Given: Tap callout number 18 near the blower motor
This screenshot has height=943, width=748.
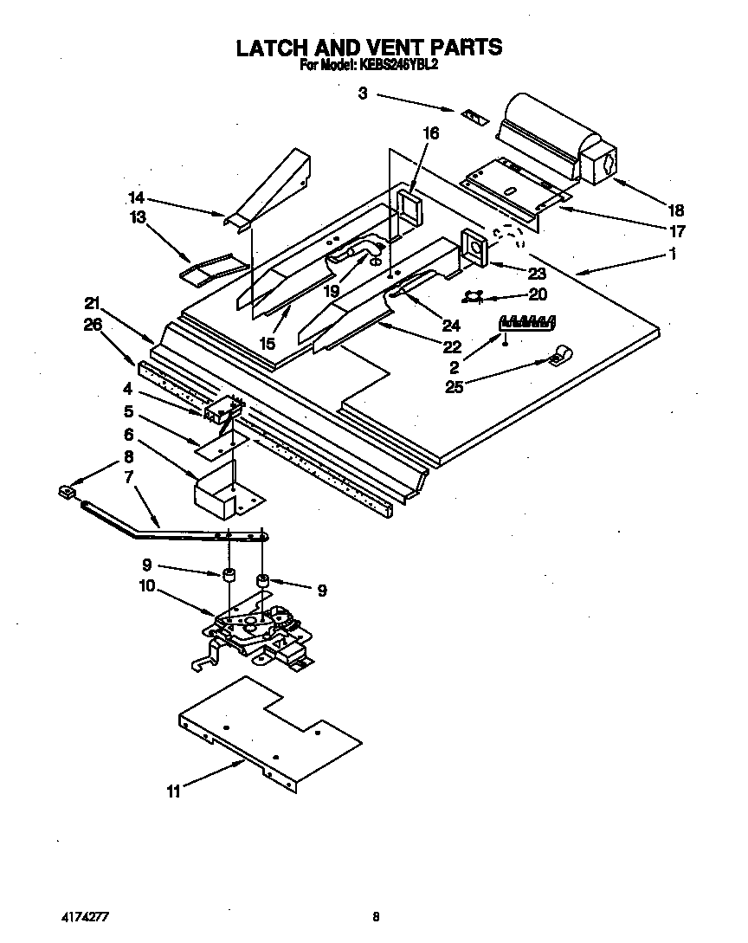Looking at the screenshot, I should [676, 209].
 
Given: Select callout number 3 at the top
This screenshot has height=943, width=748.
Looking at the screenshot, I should [363, 94].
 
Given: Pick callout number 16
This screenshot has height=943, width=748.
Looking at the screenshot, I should [430, 132].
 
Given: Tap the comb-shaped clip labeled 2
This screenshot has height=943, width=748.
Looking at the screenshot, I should [527, 322].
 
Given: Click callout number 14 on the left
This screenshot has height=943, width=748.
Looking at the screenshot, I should [136, 197].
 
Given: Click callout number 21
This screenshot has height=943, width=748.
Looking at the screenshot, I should [93, 303].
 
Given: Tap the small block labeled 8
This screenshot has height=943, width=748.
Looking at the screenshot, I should [65, 493].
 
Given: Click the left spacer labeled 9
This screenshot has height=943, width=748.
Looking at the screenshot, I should [229, 575].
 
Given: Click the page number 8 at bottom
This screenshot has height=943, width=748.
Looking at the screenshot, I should [376, 915].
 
